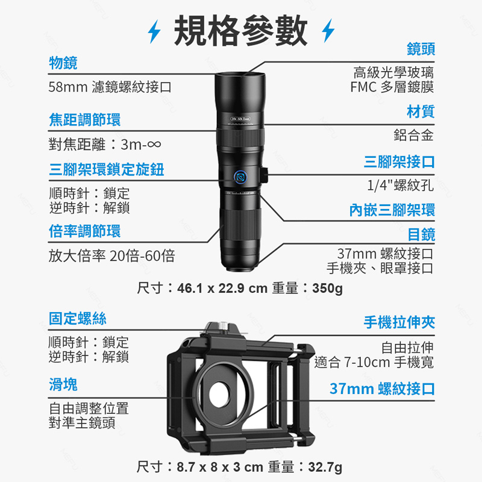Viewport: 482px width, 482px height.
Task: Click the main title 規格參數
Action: point(240,31)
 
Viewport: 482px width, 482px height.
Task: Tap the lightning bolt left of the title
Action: point(154,31)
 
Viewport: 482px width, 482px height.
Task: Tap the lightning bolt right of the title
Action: point(328,31)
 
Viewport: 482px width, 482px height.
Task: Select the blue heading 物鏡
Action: point(63,63)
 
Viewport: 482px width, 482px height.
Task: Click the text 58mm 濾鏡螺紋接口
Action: point(110,87)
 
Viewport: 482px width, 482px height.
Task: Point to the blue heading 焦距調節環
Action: point(85,119)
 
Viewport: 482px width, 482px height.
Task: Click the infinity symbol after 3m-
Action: point(154,144)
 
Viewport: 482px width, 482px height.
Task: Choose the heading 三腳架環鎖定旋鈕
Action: point(107,169)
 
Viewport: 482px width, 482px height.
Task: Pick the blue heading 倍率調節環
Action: point(85,231)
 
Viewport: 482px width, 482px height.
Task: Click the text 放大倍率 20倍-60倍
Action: point(111,255)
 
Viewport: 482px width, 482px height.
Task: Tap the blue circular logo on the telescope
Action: point(240,177)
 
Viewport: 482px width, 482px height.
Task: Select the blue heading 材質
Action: point(421,111)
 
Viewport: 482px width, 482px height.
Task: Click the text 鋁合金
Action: point(413,135)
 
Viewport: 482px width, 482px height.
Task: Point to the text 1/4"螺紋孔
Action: point(400,185)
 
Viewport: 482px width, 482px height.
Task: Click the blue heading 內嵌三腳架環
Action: point(392,210)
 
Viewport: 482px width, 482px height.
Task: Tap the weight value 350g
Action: point(327,289)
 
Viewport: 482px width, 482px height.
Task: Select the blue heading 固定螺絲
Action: point(78,318)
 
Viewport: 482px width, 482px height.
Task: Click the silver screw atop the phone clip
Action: point(223,326)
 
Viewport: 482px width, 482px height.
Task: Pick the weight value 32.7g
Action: point(325,467)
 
